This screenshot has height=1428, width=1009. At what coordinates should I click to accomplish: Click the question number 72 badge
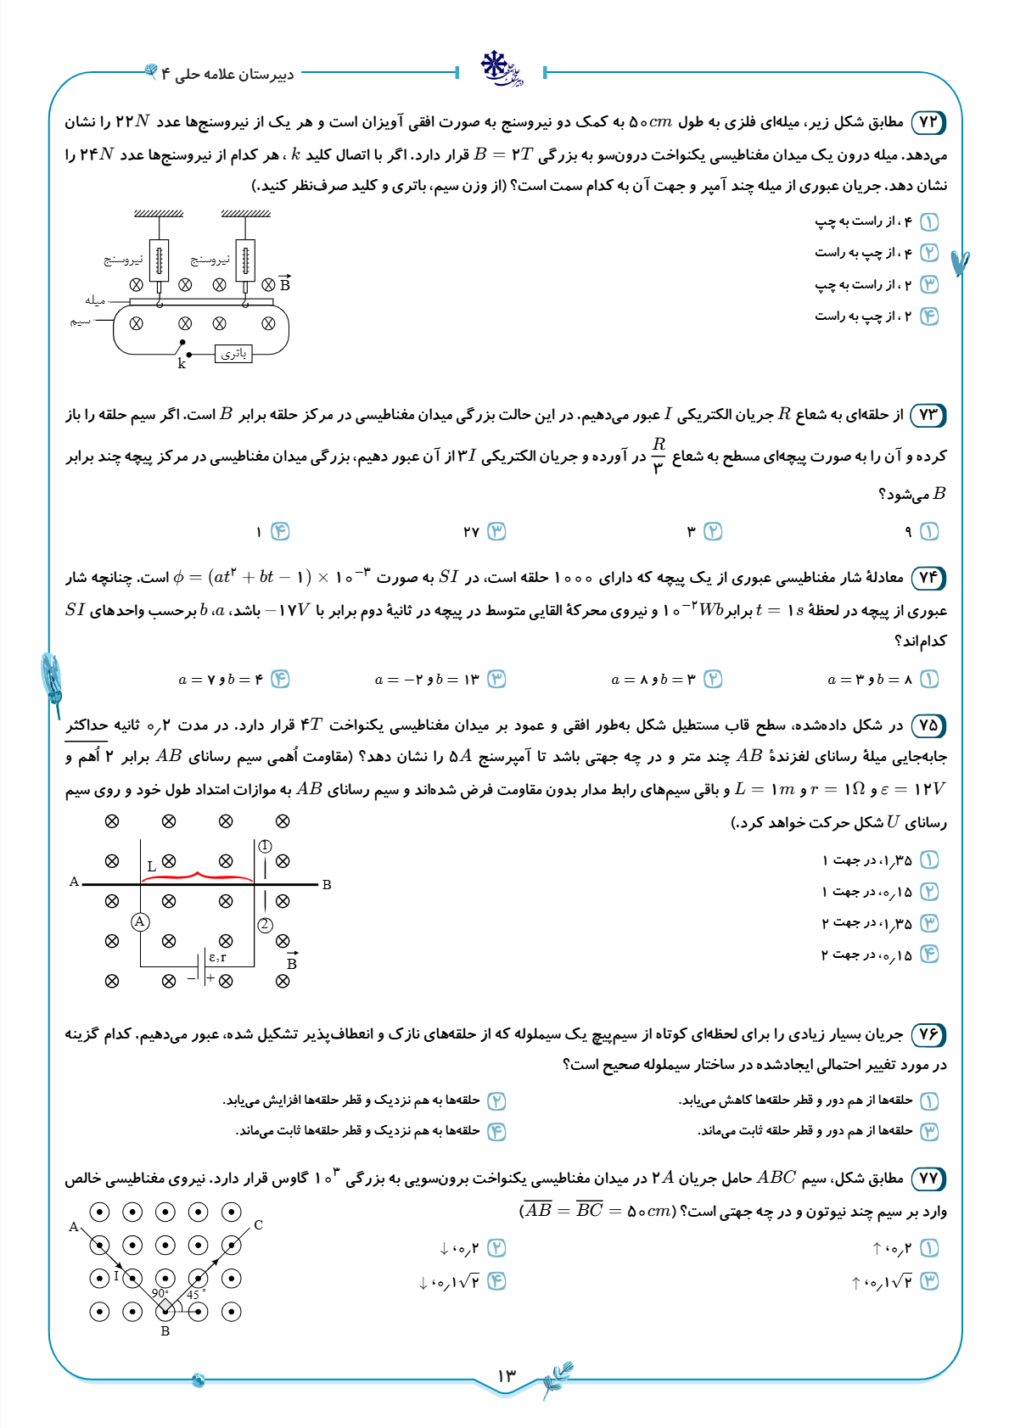pyautogui.click(x=928, y=122)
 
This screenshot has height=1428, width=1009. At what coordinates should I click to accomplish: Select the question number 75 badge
pyautogui.click(x=928, y=725)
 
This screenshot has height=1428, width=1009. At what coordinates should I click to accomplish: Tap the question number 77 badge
pyautogui.click(x=928, y=1179)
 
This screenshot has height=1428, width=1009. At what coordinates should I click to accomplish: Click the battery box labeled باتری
pyautogui.click(x=233, y=354)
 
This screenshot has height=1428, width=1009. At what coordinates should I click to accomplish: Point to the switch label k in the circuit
pyautogui.click(x=182, y=364)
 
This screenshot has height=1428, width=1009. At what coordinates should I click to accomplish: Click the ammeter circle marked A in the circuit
pyautogui.click(x=141, y=921)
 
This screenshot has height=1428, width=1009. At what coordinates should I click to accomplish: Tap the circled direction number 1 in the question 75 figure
pyautogui.click(x=266, y=846)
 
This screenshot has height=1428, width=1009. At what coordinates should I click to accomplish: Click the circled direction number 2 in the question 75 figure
pyautogui.click(x=266, y=925)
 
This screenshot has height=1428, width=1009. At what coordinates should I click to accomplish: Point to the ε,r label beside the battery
pyautogui.click(x=217, y=957)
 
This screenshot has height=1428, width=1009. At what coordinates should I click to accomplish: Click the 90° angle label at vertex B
pyautogui.click(x=160, y=1293)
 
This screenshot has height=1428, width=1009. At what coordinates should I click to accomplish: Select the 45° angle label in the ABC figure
pyautogui.click(x=195, y=1295)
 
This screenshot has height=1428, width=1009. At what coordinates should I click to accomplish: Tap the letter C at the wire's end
pyautogui.click(x=258, y=1225)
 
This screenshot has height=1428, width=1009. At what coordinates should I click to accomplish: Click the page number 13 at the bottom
pyautogui.click(x=507, y=1375)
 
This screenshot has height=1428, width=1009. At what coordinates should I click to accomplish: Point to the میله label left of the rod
pyautogui.click(x=95, y=300)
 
